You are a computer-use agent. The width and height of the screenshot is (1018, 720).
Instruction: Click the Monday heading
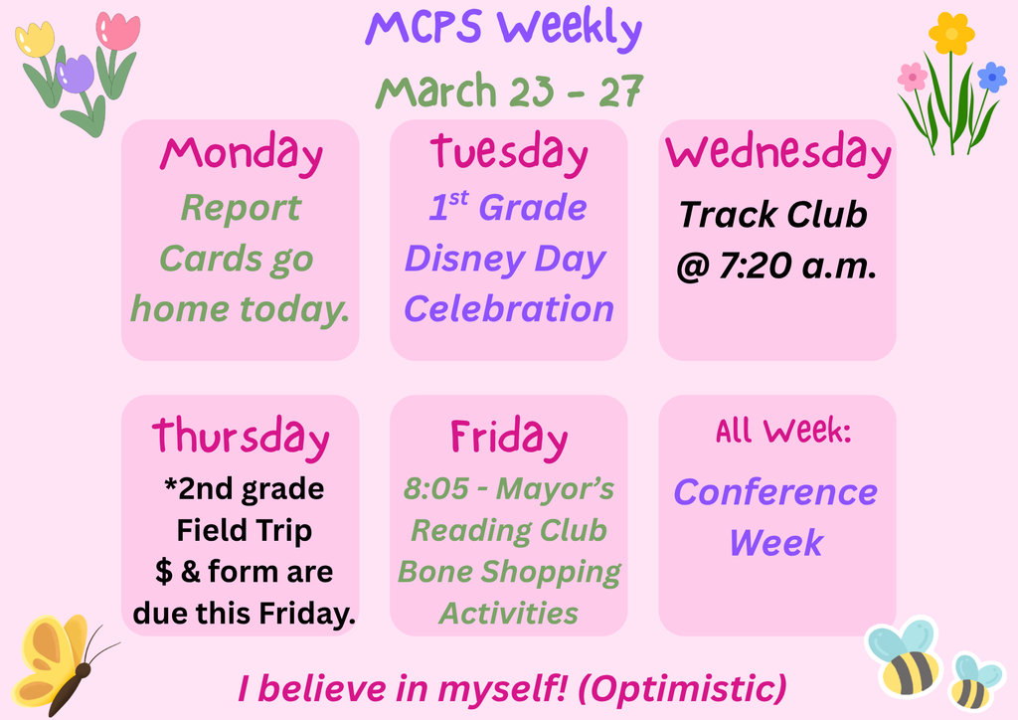point(241,154)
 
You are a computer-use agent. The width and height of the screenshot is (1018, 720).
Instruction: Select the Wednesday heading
point(777,153)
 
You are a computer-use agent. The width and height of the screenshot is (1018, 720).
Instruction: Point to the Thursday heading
point(241,437)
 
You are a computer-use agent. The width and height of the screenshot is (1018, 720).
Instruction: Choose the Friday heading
point(508,437)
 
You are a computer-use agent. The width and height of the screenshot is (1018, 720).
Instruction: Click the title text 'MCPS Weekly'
point(503,30)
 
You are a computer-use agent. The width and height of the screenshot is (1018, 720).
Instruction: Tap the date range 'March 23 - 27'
point(508,90)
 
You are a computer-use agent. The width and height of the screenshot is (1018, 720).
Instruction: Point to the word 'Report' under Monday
point(241,209)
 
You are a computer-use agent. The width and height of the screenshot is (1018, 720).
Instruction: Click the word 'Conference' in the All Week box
point(775,491)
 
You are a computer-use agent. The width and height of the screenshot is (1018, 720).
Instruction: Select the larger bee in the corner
point(904,658)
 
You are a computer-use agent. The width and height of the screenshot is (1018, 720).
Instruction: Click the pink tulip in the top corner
point(117,32)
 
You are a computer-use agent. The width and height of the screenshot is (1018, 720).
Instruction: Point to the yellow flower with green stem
point(950,35)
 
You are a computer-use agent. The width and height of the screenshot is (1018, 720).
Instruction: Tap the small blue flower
point(991,77)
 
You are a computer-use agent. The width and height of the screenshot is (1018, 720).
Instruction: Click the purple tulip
point(76,75)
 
